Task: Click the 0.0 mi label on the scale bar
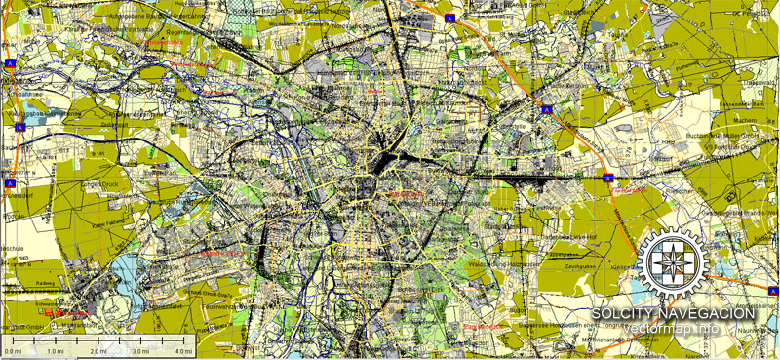coord(13,350)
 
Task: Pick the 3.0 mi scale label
coord(140,350)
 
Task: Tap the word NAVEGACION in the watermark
coord(705,313)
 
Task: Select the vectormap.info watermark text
coord(673,328)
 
